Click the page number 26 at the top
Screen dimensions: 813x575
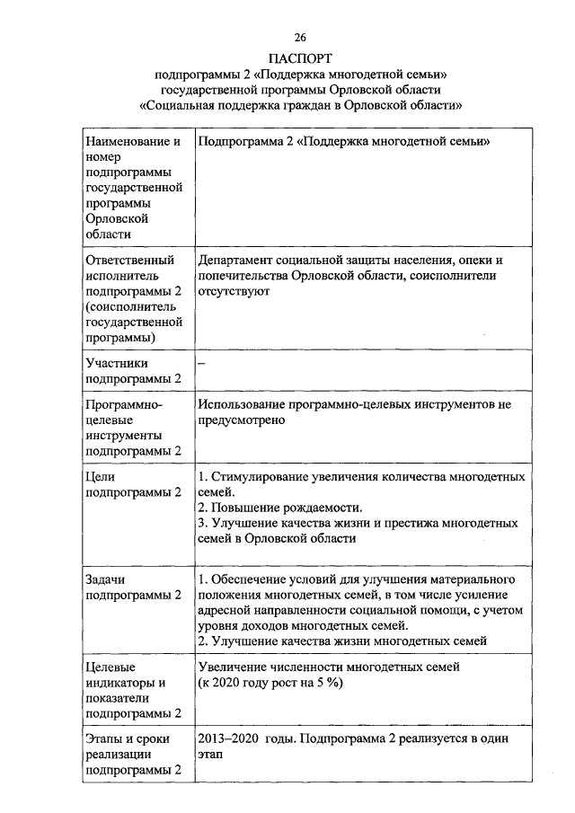pyautogui.click(x=300, y=37)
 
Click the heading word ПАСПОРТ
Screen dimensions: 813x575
pyautogui.click(x=300, y=58)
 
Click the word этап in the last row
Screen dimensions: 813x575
pyautogui.click(x=211, y=755)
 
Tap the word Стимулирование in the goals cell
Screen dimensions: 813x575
pyautogui.click(x=262, y=476)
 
